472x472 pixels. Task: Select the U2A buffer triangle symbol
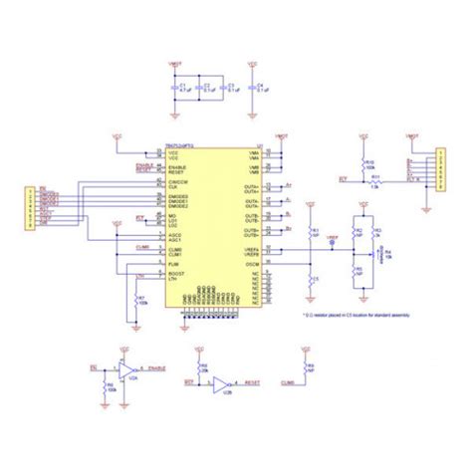(127, 371)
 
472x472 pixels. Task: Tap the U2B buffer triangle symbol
(223, 382)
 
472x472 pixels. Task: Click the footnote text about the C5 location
(350, 316)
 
